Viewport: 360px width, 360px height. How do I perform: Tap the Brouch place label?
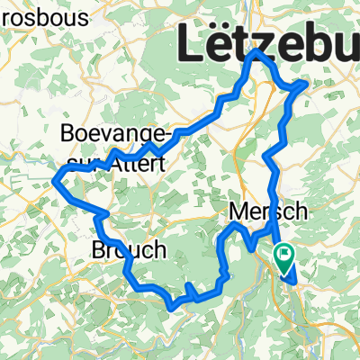click(x=129, y=249)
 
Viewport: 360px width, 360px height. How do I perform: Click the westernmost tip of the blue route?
click(x=56, y=177)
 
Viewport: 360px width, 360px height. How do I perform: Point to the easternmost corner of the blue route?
click(x=308, y=84)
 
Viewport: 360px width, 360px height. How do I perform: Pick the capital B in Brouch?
click(x=99, y=249)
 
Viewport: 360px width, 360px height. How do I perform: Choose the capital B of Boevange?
click(x=66, y=134)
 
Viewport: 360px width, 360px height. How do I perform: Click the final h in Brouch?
click(x=158, y=249)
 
